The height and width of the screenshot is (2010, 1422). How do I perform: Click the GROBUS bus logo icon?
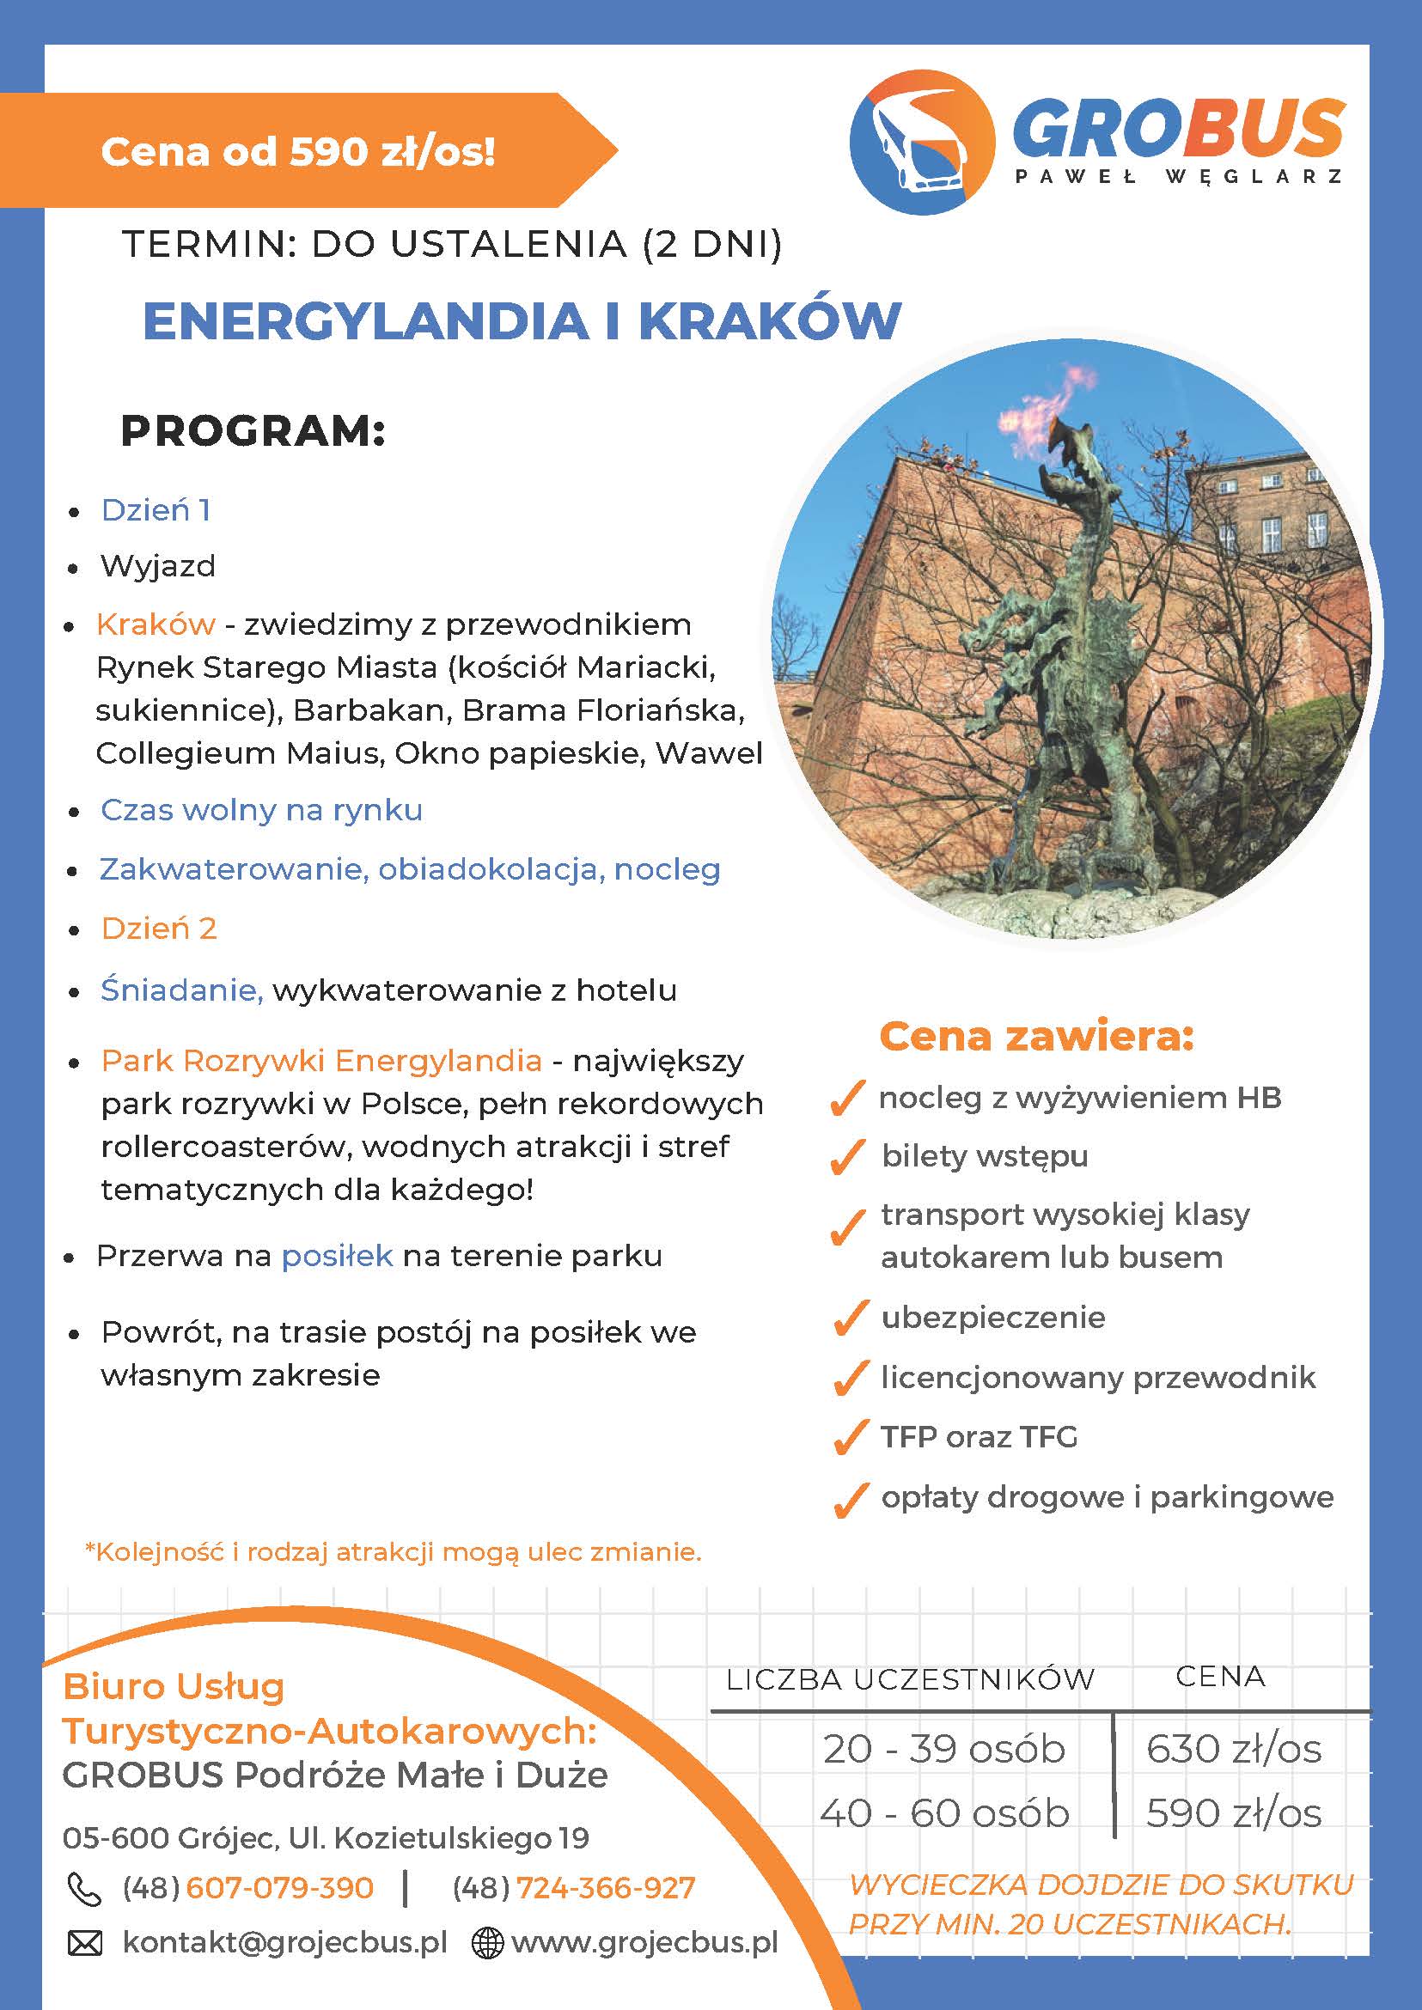pyautogui.click(x=922, y=143)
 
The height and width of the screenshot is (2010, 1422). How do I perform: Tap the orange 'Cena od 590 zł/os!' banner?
pyautogui.click(x=297, y=151)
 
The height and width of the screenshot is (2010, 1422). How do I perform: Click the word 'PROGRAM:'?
pyautogui.click(x=253, y=431)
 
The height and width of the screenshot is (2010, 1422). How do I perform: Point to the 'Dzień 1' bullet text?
pyautogui.click(x=156, y=510)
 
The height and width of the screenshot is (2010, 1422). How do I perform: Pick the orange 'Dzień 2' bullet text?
pyautogui.click(x=158, y=928)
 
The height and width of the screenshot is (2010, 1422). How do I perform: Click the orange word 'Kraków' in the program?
pyautogui.click(x=156, y=624)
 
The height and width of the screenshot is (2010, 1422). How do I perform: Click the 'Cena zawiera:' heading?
pyautogui.click(x=1036, y=1037)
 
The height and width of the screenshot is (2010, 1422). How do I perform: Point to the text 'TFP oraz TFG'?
pyautogui.click(x=979, y=1436)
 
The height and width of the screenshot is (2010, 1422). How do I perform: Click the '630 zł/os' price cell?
pyautogui.click(x=1233, y=1749)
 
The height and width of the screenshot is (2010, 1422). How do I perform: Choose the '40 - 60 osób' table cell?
pyautogui.click(x=944, y=1812)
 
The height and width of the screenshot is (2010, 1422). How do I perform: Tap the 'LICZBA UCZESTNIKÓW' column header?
pyautogui.click(x=910, y=1679)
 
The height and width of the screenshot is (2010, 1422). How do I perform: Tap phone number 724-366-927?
pyautogui.click(x=606, y=1888)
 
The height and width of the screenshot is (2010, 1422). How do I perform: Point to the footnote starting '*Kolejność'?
pyautogui.click(x=394, y=1552)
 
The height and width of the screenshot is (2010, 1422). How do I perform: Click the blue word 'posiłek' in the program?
pyautogui.click(x=336, y=1255)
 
